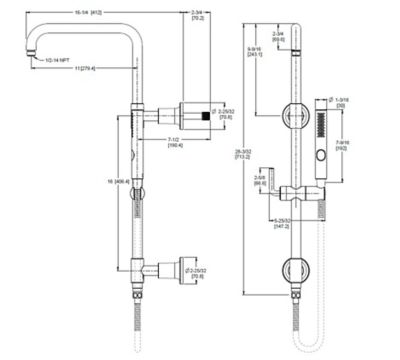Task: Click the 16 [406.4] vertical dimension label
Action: click(123, 185)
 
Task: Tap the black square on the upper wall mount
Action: click(207, 117)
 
